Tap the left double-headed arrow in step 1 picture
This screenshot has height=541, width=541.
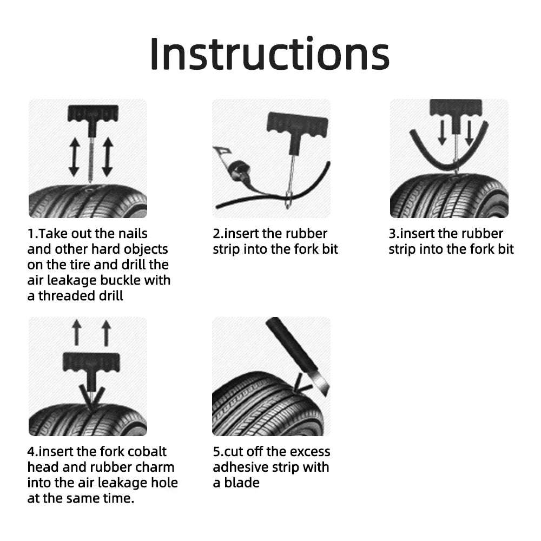(74, 156)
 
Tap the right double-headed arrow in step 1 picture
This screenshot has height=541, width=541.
(107, 156)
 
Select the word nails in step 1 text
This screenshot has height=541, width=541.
(131, 234)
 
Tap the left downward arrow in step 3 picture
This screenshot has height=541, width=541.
(442, 132)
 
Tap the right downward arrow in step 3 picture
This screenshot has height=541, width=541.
(469, 132)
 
